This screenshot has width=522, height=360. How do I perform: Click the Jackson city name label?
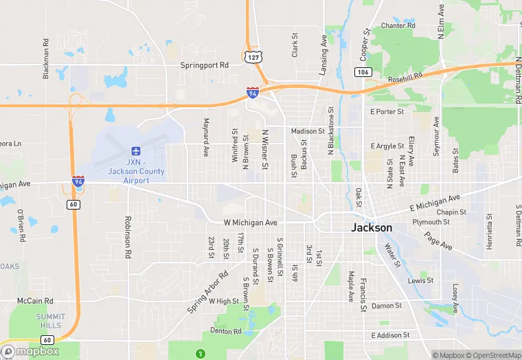(x=372, y=227)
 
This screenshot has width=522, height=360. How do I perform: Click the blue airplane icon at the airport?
(x=135, y=150)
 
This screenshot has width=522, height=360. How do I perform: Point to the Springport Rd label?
(x=204, y=65)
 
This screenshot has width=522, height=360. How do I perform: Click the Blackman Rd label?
(x=46, y=58)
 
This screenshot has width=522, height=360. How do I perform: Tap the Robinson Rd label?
(x=128, y=237)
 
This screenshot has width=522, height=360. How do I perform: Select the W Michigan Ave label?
(x=250, y=223)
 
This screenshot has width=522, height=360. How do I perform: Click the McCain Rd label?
(x=35, y=301)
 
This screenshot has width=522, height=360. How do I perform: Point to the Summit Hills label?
(x=50, y=321)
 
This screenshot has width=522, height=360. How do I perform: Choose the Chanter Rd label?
(x=398, y=25)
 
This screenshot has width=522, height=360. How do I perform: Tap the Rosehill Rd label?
(x=405, y=79)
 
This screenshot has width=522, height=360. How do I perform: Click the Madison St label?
(x=307, y=131)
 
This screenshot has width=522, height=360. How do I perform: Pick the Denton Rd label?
(x=226, y=331)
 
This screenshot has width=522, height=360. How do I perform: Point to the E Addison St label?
(x=389, y=335)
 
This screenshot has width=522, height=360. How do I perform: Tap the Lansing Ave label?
(x=324, y=56)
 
